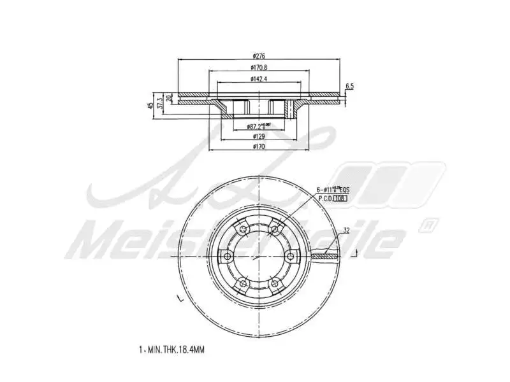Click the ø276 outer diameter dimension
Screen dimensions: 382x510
point(259,55)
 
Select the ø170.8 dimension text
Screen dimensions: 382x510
point(259,67)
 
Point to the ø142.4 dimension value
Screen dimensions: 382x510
point(259,79)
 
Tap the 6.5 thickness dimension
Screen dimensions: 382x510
point(349,85)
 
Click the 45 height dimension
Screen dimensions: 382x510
point(150,105)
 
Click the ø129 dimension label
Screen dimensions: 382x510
point(259,136)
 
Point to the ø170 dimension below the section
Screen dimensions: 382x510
point(259,146)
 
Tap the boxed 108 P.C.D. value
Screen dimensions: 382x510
point(340,198)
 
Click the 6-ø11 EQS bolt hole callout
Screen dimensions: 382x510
point(333,190)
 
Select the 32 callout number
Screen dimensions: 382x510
point(346,231)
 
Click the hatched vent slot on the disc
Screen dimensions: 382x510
point(326,256)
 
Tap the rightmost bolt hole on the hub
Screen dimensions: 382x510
point(291,257)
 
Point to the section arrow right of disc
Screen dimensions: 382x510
point(354,253)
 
